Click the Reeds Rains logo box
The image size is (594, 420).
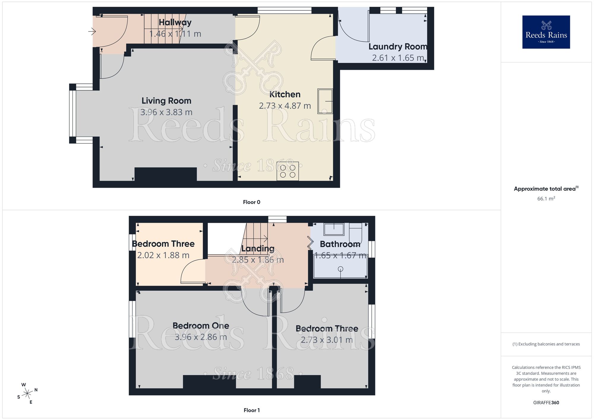pyautogui.click(x=546, y=32)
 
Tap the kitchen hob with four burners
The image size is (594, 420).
pyautogui.click(x=287, y=171)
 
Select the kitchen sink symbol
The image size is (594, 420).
pyautogui.click(x=325, y=101)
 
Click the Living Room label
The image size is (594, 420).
pyautogui.click(x=166, y=101)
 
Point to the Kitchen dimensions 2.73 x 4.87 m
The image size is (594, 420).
pyautogui.click(x=285, y=106)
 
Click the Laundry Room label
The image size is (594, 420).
pyautogui.click(x=398, y=47)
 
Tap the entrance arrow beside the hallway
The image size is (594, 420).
pyautogui.click(x=92, y=31)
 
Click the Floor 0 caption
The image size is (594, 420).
pyautogui.click(x=252, y=202)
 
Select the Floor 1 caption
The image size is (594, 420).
pyautogui.click(x=252, y=410)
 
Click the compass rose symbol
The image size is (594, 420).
pyautogui.click(x=27, y=394)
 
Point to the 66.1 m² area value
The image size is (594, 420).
pyautogui.click(x=546, y=198)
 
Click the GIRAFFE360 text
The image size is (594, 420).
pyautogui.click(x=546, y=403)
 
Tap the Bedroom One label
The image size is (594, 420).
pyautogui.click(x=201, y=326)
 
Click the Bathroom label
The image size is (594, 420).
pyautogui.click(x=340, y=244)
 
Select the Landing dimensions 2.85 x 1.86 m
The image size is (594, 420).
pyautogui.click(x=258, y=260)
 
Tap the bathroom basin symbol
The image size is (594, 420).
pyautogui.click(x=334, y=229)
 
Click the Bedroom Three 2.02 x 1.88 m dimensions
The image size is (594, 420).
pyautogui.click(x=163, y=255)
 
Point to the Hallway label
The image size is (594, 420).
pyautogui.click(x=175, y=22)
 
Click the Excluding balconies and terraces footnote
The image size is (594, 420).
pyautogui.click(x=546, y=344)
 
